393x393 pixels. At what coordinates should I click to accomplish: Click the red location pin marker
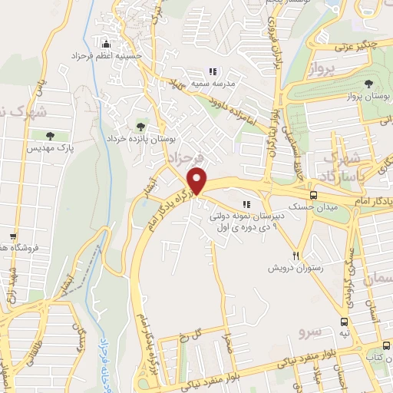(198, 181)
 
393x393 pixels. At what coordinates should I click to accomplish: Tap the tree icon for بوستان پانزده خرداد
(140, 125)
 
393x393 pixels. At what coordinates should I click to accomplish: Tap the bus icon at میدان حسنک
(312, 196)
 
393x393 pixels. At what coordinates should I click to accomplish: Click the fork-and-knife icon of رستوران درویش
(296, 256)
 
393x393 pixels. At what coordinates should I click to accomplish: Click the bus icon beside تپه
(345, 323)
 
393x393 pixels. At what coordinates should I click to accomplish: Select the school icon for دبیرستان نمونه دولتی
(246, 204)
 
